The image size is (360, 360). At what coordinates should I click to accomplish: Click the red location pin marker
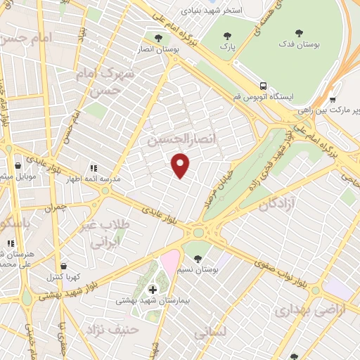pyautogui.click(x=181, y=165)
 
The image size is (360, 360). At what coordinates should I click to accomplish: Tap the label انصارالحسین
pyautogui.click(x=174, y=140)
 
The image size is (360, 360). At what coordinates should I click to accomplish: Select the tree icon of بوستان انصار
pyautogui.click(x=157, y=36)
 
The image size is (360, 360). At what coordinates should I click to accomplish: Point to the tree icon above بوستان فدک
pyautogui.click(x=298, y=32)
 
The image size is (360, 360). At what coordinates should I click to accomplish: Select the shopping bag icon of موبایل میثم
pyautogui.click(x=18, y=167)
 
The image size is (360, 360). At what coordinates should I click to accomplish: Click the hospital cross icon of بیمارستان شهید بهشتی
pyautogui.click(x=153, y=289)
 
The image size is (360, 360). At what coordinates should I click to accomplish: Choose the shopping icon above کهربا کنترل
pyautogui.click(x=65, y=267)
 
